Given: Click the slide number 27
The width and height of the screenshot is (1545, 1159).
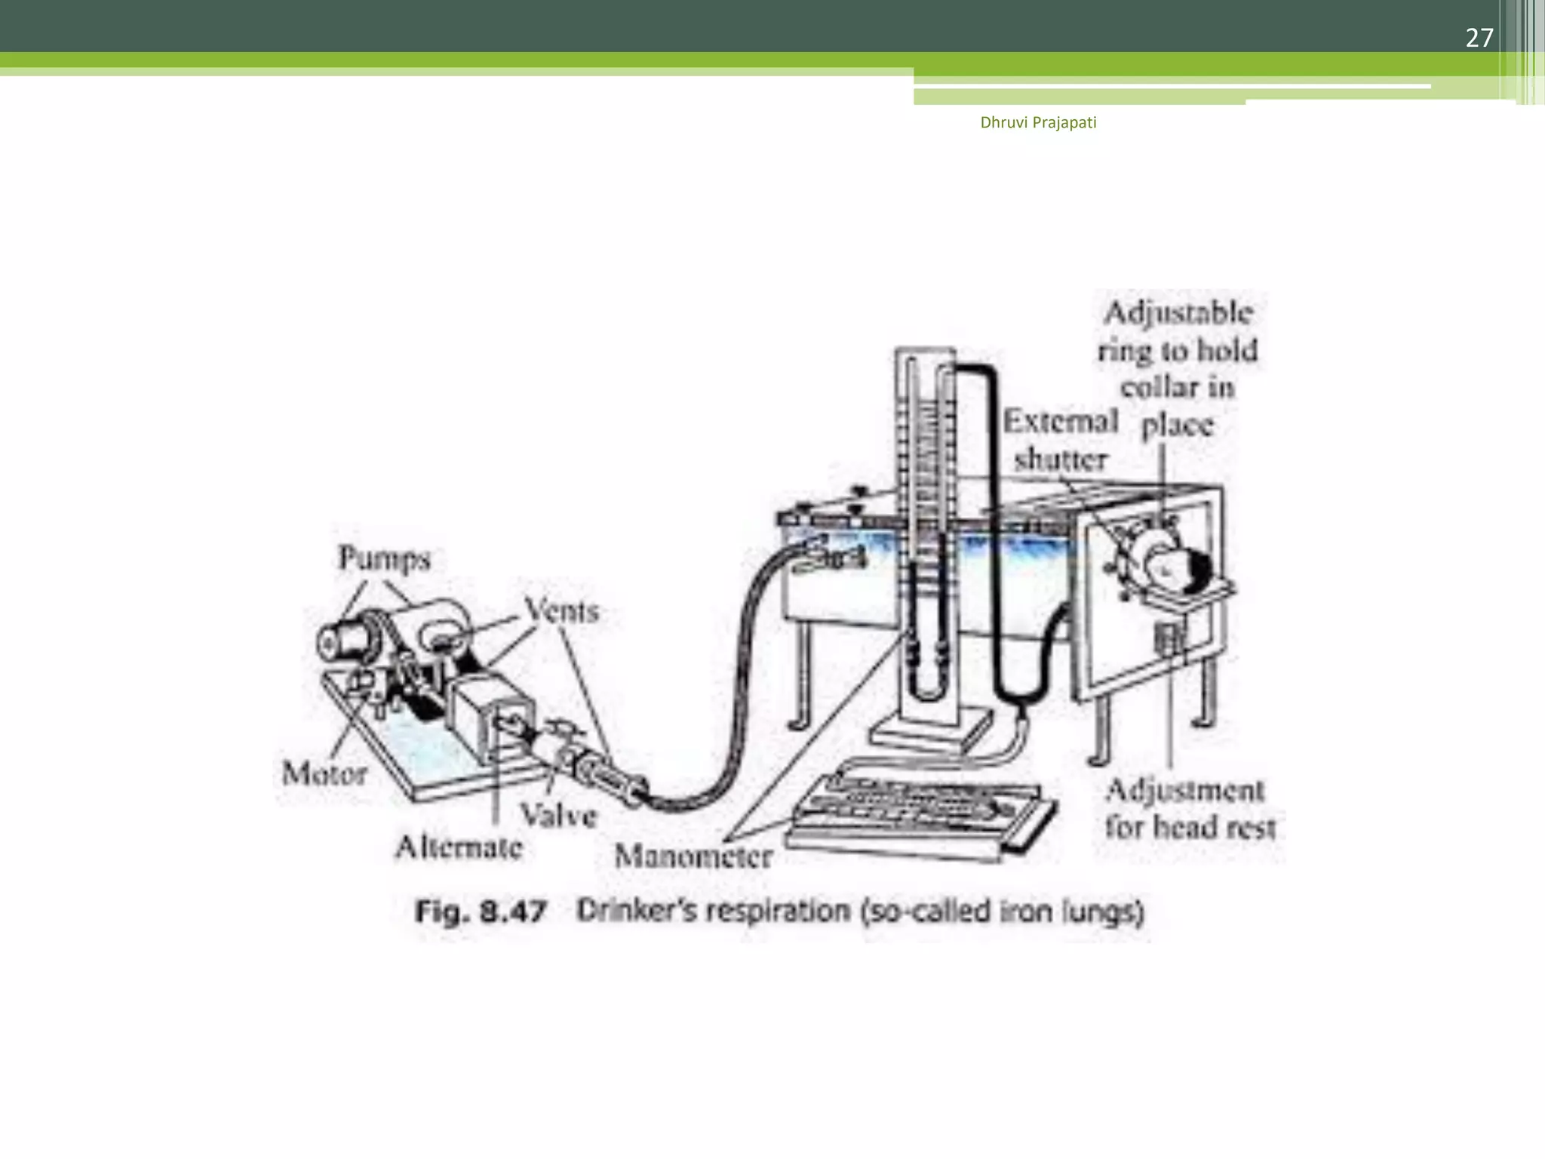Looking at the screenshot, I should click(x=1479, y=38).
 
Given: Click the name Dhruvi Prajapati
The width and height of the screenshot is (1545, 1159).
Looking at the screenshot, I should click(x=1038, y=122).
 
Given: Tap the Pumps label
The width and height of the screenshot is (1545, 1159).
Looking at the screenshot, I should click(x=384, y=558).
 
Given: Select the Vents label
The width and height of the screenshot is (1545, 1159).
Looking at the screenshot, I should click(x=562, y=610).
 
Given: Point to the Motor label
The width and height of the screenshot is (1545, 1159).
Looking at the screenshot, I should click(x=324, y=773).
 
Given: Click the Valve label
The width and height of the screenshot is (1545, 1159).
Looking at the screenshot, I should click(x=558, y=815).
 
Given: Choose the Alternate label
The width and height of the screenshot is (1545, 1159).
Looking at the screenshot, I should click(x=459, y=847).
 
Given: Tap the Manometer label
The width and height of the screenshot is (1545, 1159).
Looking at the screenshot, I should click(x=693, y=856).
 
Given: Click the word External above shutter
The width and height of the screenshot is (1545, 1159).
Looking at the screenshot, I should click(x=1061, y=421).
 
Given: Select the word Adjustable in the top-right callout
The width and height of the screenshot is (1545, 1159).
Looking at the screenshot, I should click(x=1178, y=312).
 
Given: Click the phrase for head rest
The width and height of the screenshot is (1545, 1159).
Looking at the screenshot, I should click(x=1190, y=827).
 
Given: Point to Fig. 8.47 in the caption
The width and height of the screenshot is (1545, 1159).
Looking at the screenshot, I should click(x=481, y=912).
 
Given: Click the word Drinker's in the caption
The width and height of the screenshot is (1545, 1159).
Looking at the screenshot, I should click(x=637, y=911).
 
